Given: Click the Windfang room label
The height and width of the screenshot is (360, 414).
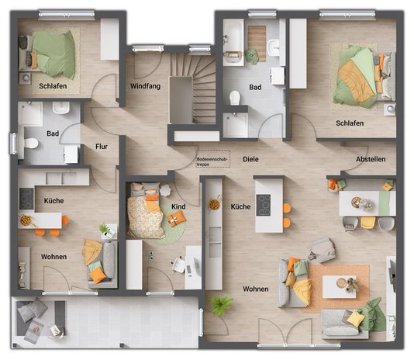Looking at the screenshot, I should point(145,86).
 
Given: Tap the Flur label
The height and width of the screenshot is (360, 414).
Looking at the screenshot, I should point(101,147).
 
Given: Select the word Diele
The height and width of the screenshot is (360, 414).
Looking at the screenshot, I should point(250,159).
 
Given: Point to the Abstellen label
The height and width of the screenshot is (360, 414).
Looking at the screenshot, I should point(370,159).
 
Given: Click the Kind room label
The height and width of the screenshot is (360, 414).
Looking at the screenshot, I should point(178,206).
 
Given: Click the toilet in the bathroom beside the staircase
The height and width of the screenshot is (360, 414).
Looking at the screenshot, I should point(235,98).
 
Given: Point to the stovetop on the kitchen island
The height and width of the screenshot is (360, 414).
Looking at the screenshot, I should point(264,204).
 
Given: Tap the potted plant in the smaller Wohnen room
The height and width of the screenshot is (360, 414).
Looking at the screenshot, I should point(104,230).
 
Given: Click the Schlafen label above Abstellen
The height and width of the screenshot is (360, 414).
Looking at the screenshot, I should point(350,123).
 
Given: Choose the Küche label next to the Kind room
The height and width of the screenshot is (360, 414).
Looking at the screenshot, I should point(240,207).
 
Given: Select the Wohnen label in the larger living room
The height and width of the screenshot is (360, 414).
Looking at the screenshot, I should point(255,289).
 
